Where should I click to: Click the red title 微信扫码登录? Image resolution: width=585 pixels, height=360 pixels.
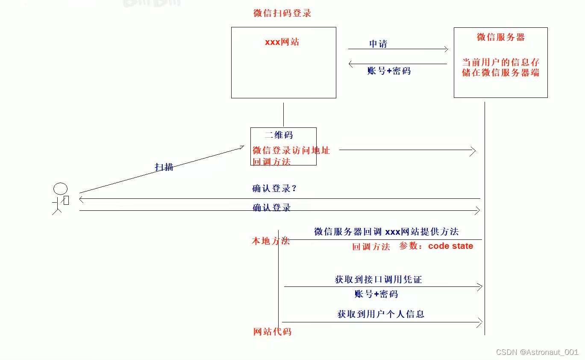282,13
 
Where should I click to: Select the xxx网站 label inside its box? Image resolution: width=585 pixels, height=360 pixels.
282,42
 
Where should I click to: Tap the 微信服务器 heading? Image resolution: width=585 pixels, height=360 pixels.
500,37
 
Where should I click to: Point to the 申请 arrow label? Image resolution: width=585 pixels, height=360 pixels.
378,44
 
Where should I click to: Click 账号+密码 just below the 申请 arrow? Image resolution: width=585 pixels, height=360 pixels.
389,71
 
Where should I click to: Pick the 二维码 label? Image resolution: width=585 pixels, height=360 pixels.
279,135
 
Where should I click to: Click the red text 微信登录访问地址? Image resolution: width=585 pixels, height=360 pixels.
291,150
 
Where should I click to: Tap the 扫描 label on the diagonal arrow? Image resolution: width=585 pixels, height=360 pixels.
164,167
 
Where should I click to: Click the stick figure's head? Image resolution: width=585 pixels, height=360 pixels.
60,189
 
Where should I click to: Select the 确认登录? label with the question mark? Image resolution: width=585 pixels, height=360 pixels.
274,189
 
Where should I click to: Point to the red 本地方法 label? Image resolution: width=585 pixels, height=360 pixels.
271,241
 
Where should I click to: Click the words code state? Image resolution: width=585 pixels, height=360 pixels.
450,246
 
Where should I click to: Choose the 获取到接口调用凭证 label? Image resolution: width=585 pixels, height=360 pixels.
378,280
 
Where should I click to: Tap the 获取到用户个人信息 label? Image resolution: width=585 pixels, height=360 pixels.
381,314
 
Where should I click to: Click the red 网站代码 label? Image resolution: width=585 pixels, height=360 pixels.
272,332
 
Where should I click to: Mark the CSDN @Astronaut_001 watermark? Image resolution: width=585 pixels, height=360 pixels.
537,352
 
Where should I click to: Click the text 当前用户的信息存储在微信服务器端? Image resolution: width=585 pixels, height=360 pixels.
500,68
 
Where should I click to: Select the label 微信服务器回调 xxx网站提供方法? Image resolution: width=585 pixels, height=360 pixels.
386,232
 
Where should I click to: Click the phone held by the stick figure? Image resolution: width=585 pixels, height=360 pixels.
66,200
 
